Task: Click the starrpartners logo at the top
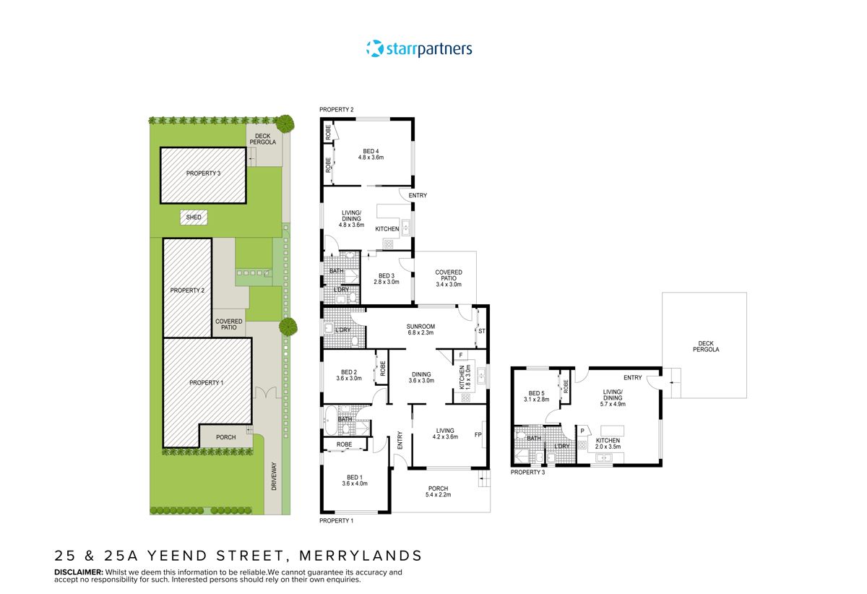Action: click(419, 49)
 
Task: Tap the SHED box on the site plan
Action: click(194, 216)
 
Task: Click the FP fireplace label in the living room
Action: click(478, 435)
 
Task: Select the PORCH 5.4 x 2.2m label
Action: click(439, 491)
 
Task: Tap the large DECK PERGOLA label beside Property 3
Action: click(708, 346)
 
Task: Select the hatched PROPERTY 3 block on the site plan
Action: click(203, 173)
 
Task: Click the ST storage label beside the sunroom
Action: click(481, 332)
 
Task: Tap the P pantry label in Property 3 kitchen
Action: click(582, 432)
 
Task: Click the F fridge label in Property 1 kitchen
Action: click(460, 355)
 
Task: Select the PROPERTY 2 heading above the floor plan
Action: click(337, 110)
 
